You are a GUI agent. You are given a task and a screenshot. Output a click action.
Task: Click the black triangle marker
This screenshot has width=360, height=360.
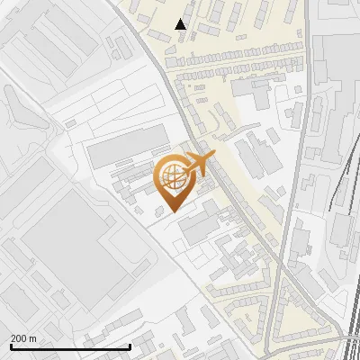point(181,24)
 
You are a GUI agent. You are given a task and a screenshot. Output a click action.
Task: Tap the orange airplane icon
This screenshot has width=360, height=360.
point(197,163)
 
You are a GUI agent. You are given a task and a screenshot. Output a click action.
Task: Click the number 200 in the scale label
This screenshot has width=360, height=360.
point(19,337)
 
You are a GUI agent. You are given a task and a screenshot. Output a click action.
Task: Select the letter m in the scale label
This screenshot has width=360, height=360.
point(34,337)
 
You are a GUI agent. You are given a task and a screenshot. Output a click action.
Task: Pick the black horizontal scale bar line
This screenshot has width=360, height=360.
point(70,346)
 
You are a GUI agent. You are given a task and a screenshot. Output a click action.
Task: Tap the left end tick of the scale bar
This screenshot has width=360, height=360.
point(10,346)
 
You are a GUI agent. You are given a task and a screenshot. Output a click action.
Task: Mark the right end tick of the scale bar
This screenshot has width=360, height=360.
point(130,346)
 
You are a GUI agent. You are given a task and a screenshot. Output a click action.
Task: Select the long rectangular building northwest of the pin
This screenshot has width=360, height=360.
point(126,144)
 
